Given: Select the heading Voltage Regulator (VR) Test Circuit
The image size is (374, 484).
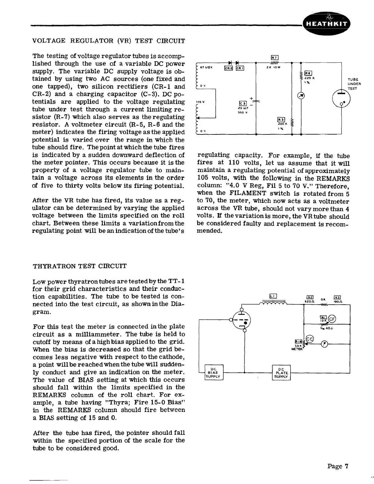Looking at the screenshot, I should pos(108,41).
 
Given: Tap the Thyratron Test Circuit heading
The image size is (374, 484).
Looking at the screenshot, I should pos(79,266).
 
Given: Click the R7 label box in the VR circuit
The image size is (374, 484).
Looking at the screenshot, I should pos(274,57).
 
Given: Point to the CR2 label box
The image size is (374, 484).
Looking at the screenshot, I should pos(229,68).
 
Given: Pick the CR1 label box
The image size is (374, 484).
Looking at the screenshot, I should pos(239,68).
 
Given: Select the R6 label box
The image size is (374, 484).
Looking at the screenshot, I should pos(308,73).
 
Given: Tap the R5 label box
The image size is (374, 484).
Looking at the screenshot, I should pos(281,120).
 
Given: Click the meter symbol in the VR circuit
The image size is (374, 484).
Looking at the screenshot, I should pos(301,96).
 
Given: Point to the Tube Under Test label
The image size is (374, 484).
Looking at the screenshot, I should pos(354,84).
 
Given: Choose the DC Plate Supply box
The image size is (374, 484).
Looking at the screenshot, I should pos(281,372).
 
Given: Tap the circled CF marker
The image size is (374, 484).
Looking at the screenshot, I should pos(332,318).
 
